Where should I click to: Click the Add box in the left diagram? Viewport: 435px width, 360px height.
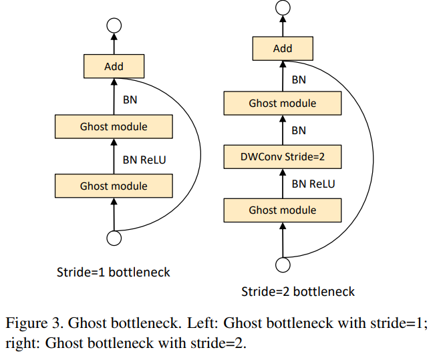[114, 66]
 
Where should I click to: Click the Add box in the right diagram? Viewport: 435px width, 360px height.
[283, 48]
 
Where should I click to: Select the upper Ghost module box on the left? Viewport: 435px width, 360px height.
[114, 126]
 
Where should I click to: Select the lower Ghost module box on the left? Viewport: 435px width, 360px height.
[114, 186]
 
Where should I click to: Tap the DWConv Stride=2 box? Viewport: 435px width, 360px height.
[283, 158]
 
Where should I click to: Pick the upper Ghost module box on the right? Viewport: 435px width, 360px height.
[283, 104]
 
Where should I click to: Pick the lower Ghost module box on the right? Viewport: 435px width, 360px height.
[283, 210]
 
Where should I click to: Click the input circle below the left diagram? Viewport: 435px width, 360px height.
[114, 238]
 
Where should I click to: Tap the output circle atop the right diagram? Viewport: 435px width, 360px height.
[283, 8]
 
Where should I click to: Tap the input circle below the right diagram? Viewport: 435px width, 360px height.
[283, 266]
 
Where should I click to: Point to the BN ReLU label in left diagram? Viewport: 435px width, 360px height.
[145, 160]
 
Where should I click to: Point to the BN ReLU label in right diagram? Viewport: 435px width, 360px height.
[313, 184]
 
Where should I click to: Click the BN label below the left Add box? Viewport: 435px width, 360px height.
[130, 100]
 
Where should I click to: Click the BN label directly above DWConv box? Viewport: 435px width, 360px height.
[299, 130]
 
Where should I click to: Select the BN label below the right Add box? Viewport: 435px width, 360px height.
[299, 79]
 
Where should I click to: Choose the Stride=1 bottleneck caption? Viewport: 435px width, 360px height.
[114, 272]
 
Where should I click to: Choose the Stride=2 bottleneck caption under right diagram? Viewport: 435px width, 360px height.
[298, 292]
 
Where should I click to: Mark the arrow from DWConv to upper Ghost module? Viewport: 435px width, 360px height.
[283, 131]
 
